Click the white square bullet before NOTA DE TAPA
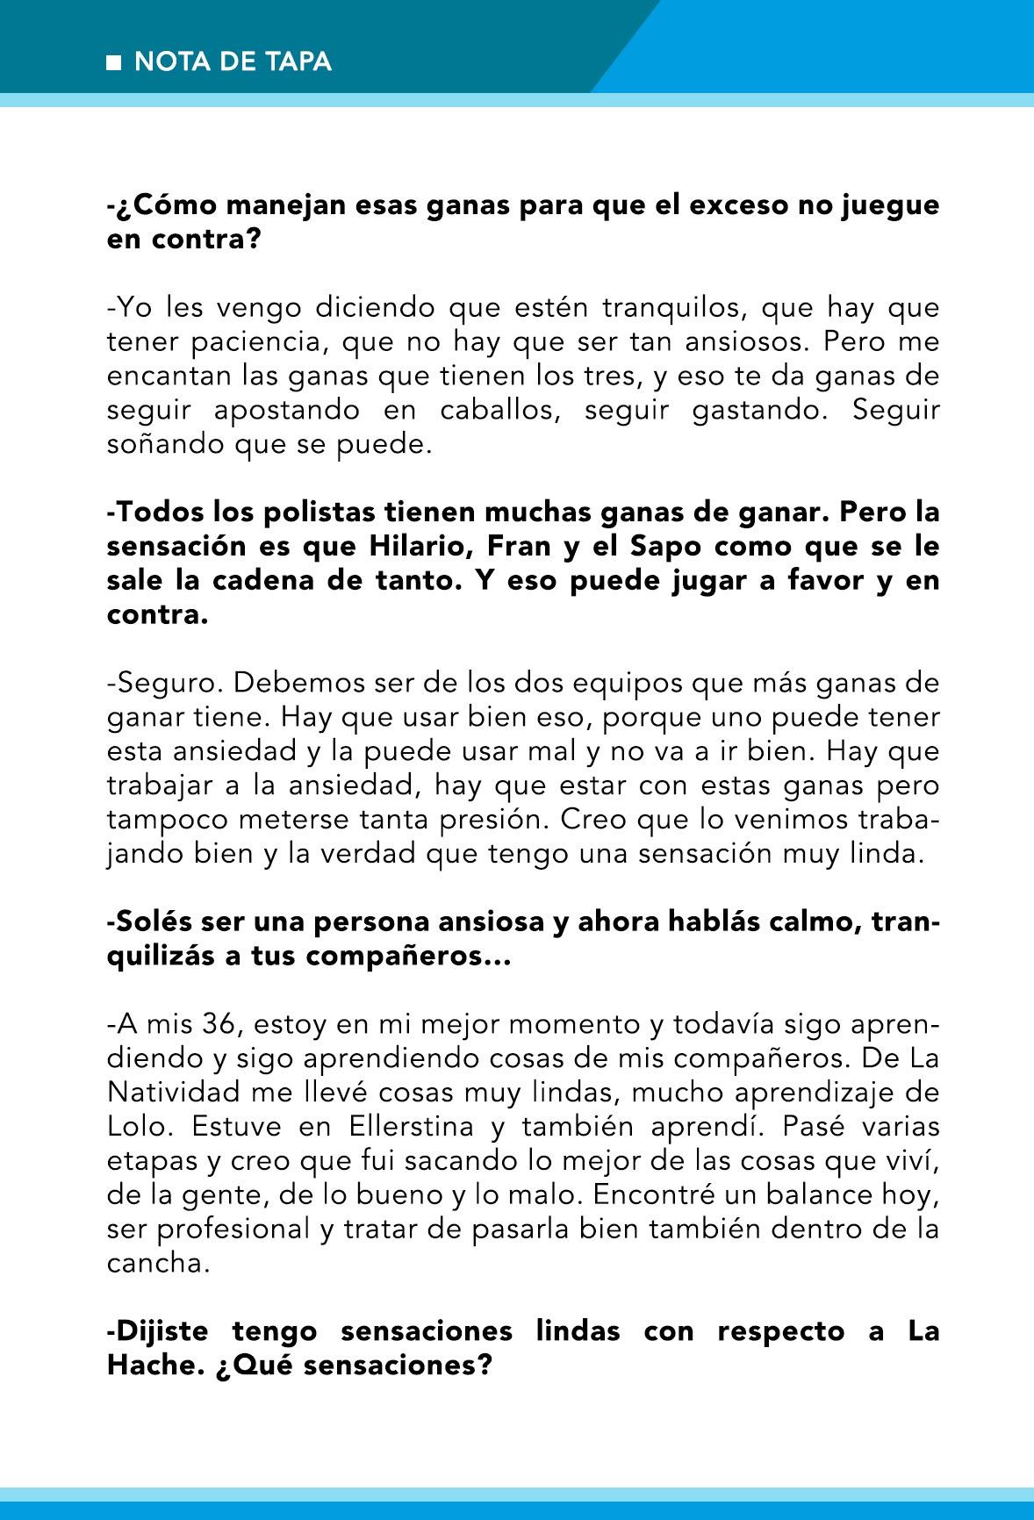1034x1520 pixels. (113, 62)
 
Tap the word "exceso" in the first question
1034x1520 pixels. (741, 204)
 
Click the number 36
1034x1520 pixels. (218, 1024)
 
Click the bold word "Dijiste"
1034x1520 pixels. (162, 1331)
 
